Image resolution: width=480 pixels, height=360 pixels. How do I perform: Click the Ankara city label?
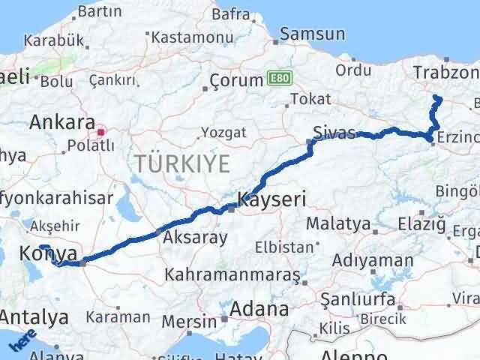pyautogui.click(x=62, y=122)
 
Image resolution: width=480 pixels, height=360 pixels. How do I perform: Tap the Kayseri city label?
pyautogui.click(x=271, y=199)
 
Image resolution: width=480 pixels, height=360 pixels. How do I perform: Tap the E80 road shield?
pyautogui.click(x=276, y=79)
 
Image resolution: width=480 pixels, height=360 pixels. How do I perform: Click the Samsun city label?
pyautogui.click(x=313, y=34)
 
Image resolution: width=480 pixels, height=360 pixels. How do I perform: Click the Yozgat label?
pyautogui.click(x=223, y=133)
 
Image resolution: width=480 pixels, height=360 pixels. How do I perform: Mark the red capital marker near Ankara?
pyautogui.click(x=101, y=131)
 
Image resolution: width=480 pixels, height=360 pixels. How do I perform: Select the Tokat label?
pyautogui.click(x=310, y=98)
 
